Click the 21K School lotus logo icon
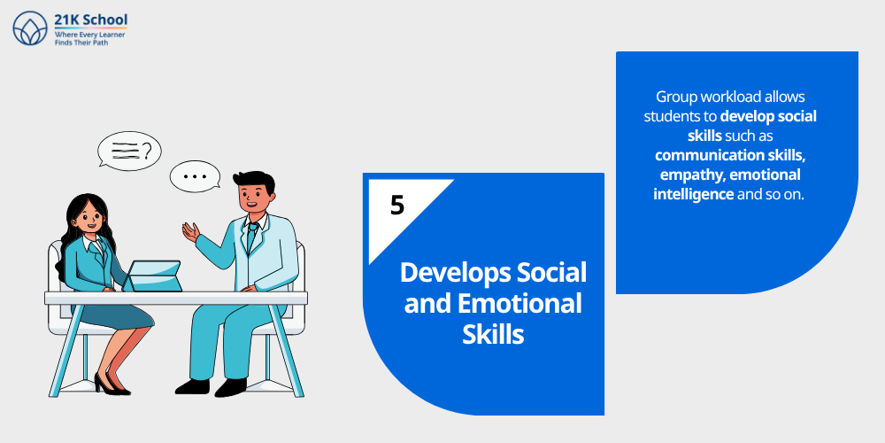(29, 27)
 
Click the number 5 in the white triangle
(397, 205)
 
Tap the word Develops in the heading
(444, 272)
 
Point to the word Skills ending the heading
(493, 334)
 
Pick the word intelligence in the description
(694, 194)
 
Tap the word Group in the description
(675, 97)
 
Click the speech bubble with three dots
(195, 176)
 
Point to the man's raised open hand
(189, 232)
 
